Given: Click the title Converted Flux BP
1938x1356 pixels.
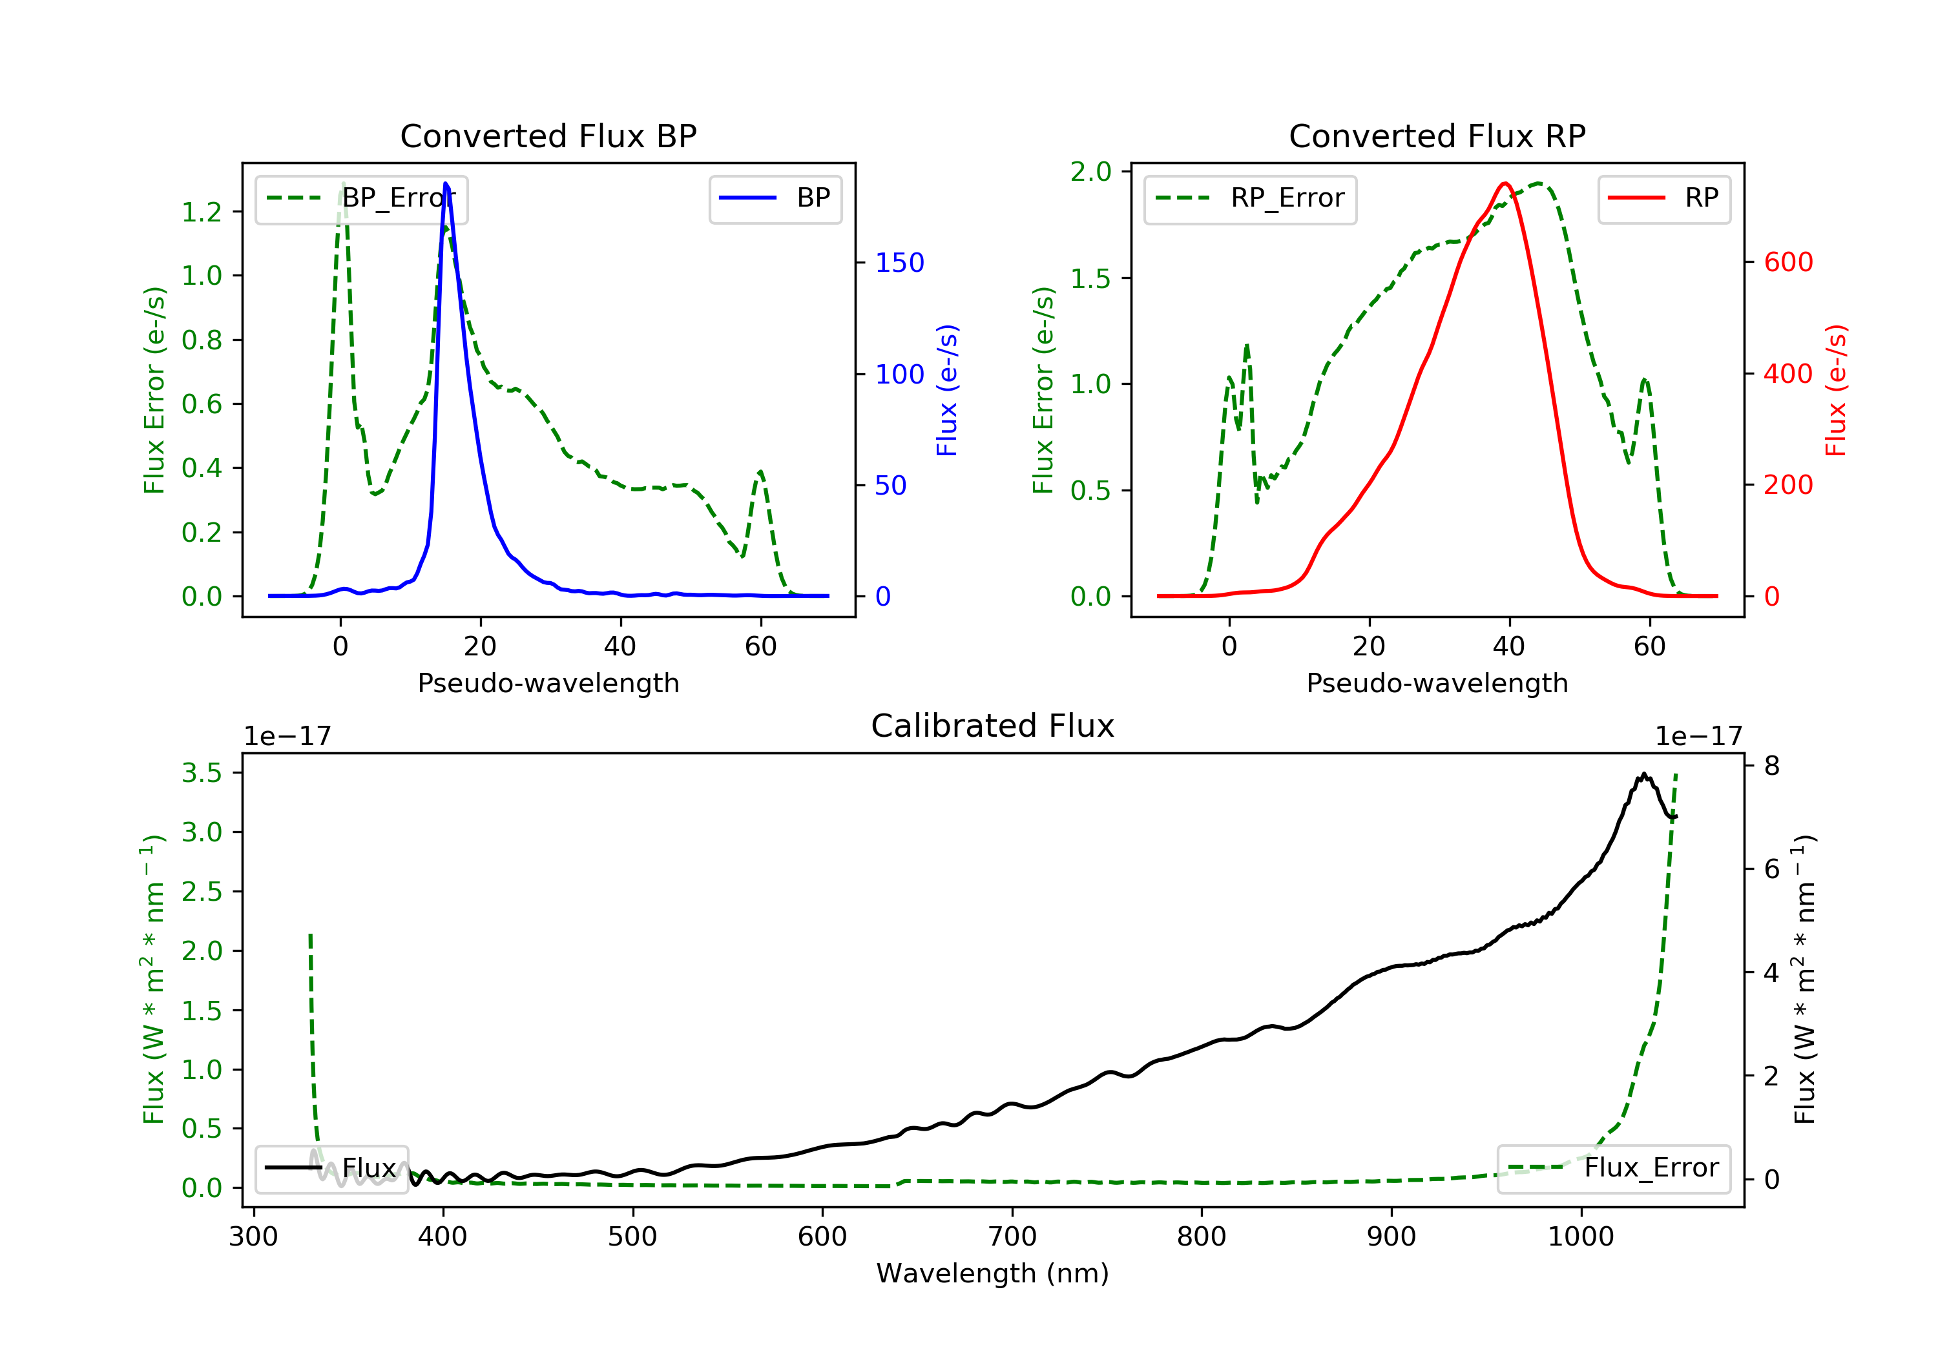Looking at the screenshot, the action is click(x=548, y=136).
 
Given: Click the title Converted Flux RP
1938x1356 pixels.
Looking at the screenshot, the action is click(x=1437, y=136).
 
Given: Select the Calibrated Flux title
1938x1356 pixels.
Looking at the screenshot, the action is click(x=993, y=726).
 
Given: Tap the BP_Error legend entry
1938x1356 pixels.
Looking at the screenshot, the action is click(x=361, y=198).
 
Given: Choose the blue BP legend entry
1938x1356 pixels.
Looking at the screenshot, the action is click(x=775, y=198).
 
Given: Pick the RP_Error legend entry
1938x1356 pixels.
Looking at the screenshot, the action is click(x=1250, y=198).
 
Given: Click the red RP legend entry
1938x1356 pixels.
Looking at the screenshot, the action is click(x=1663, y=198).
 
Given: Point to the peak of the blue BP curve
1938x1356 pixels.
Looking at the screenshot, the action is click(x=446, y=183).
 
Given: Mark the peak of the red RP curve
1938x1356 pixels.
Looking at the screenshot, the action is click(x=1505, y=183).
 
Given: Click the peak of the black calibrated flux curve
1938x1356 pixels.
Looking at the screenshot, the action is click(x=1643, y=773).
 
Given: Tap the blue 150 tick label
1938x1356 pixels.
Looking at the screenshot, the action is click(x=900, y=262).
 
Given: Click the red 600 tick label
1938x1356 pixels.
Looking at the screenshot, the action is click(x=1789, y=262).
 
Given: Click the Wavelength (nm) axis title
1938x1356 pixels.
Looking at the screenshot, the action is click(x=993, y=1273).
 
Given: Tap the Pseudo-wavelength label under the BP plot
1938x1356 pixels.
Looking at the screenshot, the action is click(x=548, y=683).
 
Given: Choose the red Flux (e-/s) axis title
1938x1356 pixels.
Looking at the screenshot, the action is click(x=1836, y=391).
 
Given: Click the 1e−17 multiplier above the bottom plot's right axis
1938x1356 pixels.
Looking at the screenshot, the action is click(x=1698, y=737).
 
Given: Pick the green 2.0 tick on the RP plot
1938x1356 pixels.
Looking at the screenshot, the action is click(x=1090, y=172).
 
